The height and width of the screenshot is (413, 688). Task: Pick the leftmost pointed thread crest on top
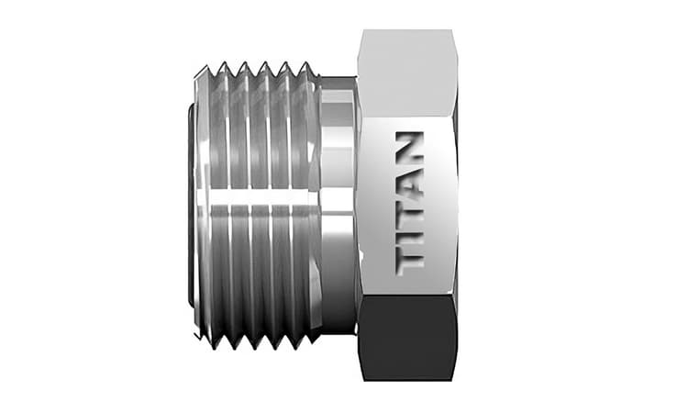[221, 66]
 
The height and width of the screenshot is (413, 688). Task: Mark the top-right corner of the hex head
[456, 32]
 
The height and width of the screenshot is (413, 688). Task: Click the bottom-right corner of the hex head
[456, 379]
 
